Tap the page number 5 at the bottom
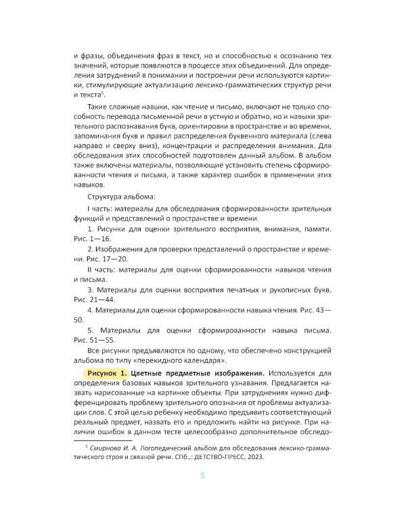click(202, 476)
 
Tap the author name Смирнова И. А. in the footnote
click(117, 447)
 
